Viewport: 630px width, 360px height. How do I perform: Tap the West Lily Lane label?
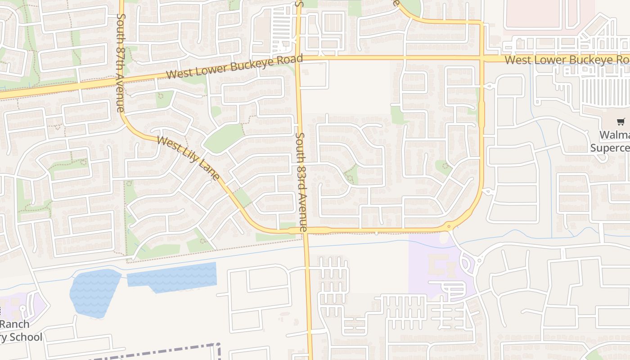tap(189, 157)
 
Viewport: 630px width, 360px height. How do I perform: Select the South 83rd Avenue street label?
tap(301, 182)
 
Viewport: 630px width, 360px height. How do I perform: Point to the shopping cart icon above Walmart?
tap(621, 121)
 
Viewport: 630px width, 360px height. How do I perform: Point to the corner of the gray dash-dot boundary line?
tap(218, 346)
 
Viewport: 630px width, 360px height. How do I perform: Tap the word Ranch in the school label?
tap(14, 324)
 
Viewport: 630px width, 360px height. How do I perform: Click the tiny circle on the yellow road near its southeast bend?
tap(449, 226)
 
